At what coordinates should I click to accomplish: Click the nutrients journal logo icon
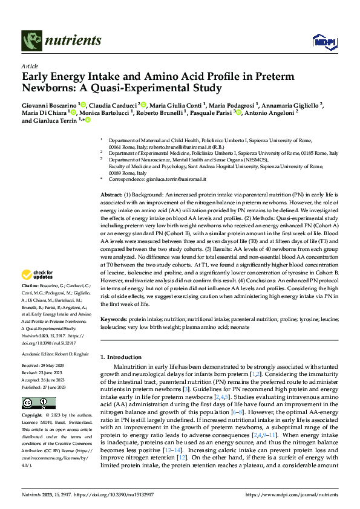tap(32, 41)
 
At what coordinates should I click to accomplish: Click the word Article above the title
tap(30, 66)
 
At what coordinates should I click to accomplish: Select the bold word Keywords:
tap(114, 318)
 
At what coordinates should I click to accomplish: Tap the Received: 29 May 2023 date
tap(45, 366)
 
